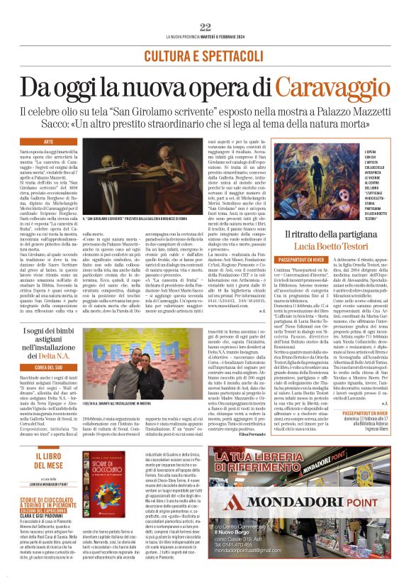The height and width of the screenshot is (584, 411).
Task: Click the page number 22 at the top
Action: tap(205, 27)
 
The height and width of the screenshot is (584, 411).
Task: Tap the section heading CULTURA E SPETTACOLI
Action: tap(205, 55)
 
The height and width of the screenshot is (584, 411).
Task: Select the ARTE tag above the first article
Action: tap(49, 143)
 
